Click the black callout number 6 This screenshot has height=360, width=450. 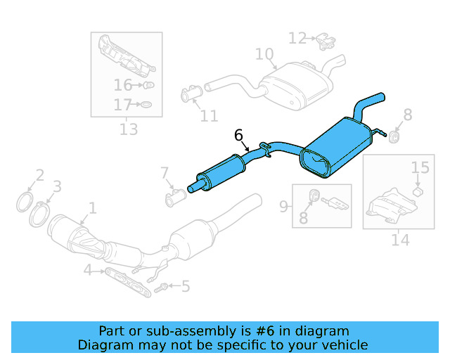(x=238, y=134)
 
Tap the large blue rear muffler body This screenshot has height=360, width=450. (x=337, y=146)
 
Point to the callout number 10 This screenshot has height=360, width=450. (x=264, y=54)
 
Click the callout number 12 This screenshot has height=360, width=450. (x=297, y=38)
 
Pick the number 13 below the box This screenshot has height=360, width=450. (x=128, y=129)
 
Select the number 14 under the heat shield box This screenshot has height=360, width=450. (x=400, y=240)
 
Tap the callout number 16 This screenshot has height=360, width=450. (x=122, y=86)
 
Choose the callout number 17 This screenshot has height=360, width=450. (x=122, y=105)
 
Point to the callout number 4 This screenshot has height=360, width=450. (x=88, y=270)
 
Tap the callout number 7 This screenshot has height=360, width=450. (x=165, y=173)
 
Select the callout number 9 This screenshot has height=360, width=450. (x=283, y=206)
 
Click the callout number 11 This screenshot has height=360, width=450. (x=209, y=115)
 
